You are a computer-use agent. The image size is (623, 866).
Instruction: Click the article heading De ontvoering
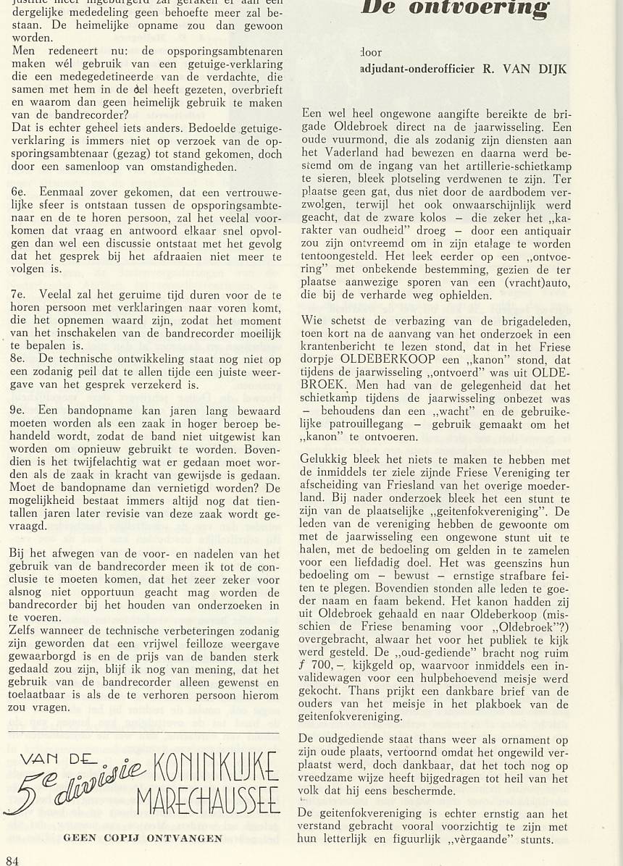tap(453, 9)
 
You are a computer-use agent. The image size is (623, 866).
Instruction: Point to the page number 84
tap(12, 859)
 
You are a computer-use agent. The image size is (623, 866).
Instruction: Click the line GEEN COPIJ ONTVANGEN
tap(143, 838)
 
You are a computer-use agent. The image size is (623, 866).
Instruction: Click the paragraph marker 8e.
tap(19, 358)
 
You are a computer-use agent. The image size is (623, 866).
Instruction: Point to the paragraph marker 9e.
tap(19, 409)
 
